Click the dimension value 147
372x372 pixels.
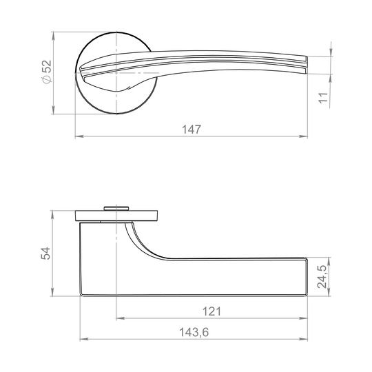[192, 130]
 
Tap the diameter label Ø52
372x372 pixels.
[47, 72]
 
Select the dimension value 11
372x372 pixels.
[323, 98]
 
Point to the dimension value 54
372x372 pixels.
[45, 253]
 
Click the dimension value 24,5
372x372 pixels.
[322, 277]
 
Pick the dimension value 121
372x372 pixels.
[211, 311]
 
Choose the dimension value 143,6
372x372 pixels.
[194, 332]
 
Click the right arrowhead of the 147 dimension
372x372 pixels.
[303, 136]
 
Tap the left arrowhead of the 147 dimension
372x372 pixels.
[79, 136]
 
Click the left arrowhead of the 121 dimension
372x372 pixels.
[121, 318]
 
